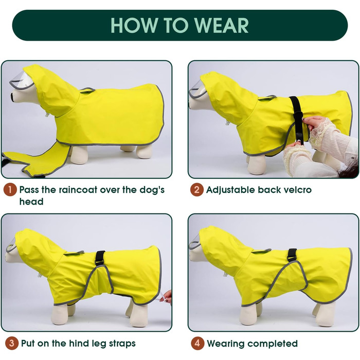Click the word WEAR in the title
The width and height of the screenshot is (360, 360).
point(222,25)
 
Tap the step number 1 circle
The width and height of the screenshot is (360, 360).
point(10,190)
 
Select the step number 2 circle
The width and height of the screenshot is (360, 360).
point(197,190)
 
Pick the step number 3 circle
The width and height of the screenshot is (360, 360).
point(11,343)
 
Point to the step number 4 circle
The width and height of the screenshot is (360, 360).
point(197,343)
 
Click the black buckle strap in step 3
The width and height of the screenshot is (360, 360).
point(100,258)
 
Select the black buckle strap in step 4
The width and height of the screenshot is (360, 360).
point(293,255)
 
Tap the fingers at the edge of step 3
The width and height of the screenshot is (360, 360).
point(167,297)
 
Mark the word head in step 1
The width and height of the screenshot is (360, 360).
point(31,202)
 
